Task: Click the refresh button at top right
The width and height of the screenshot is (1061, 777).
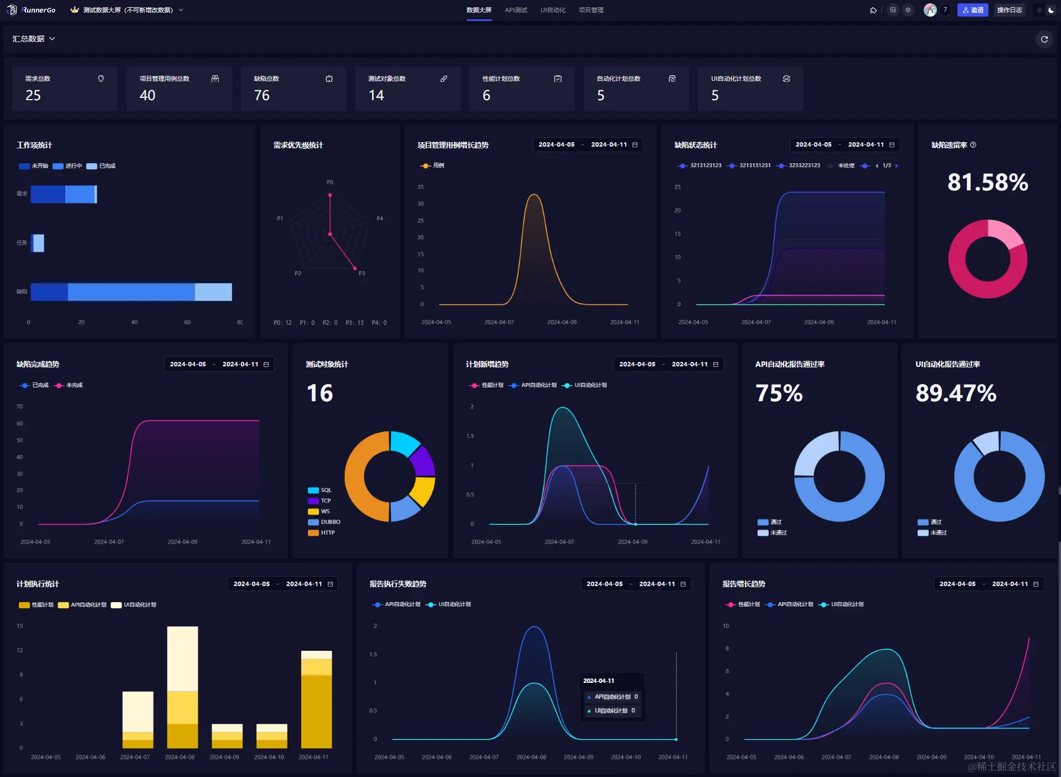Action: point(1044,39)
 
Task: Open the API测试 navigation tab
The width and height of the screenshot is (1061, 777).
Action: point(516,10)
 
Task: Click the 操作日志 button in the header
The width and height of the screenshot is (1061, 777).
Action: point(1009,10)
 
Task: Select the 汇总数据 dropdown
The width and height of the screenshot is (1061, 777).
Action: point(34,39)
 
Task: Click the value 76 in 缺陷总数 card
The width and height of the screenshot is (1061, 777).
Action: point(262,95)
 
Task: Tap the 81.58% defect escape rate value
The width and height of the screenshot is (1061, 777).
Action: point(987,182)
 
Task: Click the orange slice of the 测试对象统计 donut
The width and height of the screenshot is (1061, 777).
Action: point(360,476)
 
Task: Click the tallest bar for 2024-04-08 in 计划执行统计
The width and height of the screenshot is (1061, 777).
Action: point(182,659)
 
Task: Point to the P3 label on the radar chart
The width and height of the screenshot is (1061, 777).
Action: point(362,273)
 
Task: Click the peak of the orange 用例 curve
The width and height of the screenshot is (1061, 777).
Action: point(534,195)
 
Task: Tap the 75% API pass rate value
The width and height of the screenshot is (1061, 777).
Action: point(779,393)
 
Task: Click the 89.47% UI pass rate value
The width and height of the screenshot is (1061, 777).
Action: point(956,393)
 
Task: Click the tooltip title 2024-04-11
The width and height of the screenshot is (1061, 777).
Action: point(599,681)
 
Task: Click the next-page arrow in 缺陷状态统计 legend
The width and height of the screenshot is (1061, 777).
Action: point(897,165)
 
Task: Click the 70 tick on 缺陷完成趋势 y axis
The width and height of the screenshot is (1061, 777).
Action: point(20,407)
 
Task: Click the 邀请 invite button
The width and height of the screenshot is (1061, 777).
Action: point(972,10)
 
